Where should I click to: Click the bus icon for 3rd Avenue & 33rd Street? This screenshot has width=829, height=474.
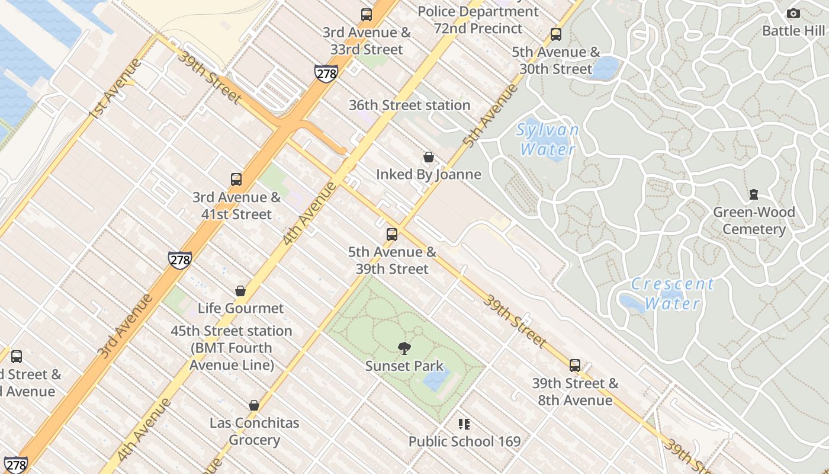(x=367, y=15)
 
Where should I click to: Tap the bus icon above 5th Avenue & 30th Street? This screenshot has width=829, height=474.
(x=555, y=34)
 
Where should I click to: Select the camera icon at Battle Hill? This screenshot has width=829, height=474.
(x=793, y=13)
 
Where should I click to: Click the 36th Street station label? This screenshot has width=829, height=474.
(x=409, y=105)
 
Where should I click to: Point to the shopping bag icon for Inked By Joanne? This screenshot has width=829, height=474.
(x=429, y=157)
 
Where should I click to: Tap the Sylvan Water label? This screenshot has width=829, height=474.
(x=547, y=139)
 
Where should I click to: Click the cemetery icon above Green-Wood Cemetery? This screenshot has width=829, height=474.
(x=754, y=194)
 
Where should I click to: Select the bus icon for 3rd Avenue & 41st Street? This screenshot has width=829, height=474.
(x=236, y=179)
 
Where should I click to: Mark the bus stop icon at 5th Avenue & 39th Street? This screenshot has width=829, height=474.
(x=392, y=234)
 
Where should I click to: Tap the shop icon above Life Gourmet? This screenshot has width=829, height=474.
(x=240, y=290)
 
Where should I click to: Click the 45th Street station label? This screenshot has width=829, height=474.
(x=232, y=348)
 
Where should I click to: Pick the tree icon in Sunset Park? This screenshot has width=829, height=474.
(x=404, y=348)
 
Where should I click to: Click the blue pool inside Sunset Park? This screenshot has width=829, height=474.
(x=437, y=379)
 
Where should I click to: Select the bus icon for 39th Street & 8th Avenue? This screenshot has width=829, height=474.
(x=575, y=366)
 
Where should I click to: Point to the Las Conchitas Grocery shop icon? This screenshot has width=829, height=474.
(x=254, y=405)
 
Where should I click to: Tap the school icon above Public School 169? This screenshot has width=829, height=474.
(x=464, y=424)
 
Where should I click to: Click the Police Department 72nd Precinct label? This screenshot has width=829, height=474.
(x=478, y=20)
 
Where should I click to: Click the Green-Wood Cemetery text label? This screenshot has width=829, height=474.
(x=754, y=221)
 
